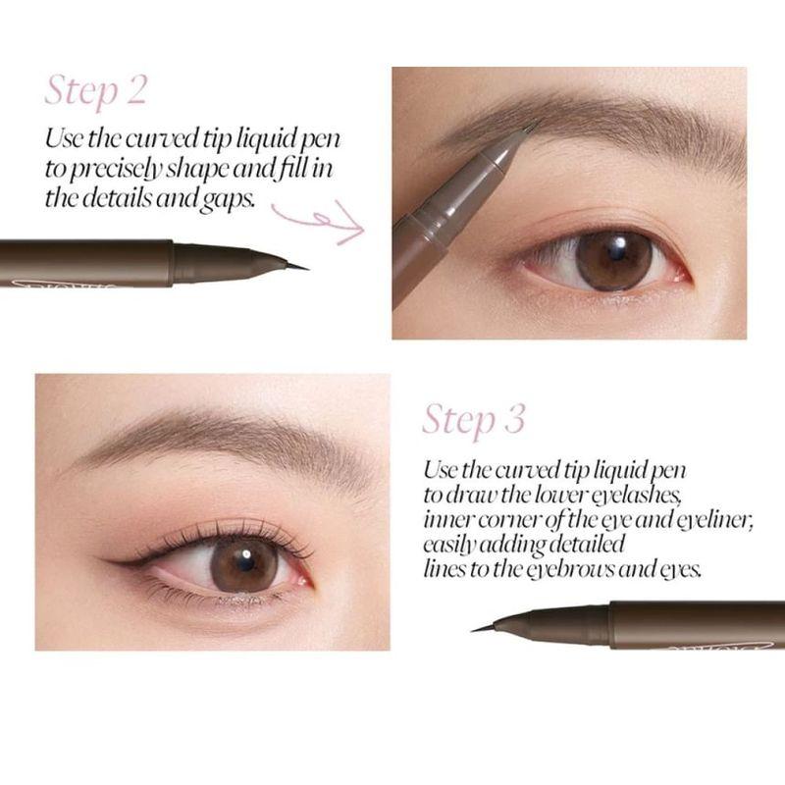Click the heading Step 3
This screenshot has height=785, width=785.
(474, 419)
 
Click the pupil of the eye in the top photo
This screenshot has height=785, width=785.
(609, 259)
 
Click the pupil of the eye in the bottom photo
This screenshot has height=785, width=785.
(243, 565)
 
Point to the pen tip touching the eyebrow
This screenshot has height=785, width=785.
(530, 129)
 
